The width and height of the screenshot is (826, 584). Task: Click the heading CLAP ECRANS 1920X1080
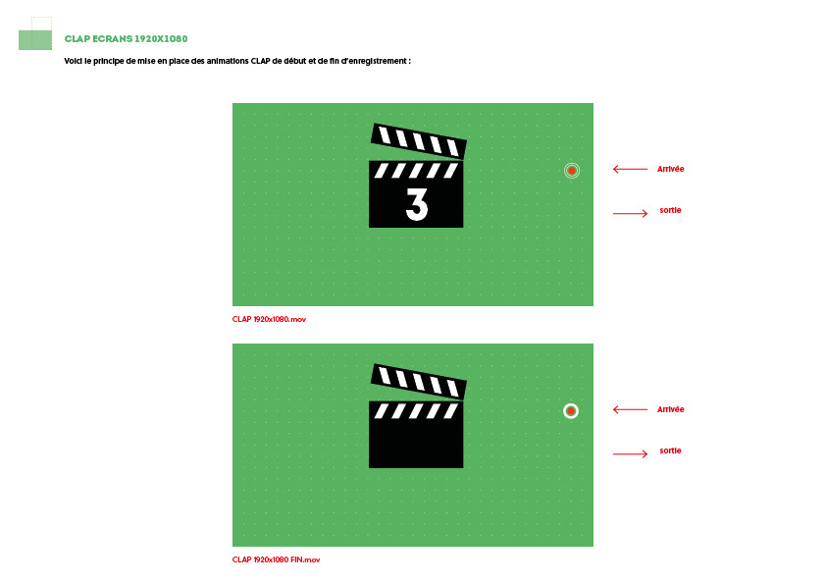[126, 38]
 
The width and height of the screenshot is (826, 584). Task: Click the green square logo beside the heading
[35, 40]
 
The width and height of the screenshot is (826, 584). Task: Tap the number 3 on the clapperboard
[417, 204]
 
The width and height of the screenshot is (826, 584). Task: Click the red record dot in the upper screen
[572, 170]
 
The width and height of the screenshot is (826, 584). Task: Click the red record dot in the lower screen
[571, 410]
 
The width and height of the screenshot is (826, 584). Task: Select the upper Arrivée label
[671, 169]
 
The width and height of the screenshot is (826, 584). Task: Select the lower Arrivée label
[671, 409]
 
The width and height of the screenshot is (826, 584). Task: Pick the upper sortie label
[671, 210]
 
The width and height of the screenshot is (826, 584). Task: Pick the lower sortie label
[671, 451]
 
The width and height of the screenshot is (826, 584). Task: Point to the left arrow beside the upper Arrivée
[630, 169]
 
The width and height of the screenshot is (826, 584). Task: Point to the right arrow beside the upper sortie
[630, 213]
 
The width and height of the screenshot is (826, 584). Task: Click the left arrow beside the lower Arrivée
[630, 409]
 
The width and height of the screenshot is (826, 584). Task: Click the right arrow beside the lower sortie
[630, 453]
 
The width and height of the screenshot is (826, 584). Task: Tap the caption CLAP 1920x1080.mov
[269, 319]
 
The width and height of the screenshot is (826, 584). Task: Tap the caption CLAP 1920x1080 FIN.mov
[276, 559]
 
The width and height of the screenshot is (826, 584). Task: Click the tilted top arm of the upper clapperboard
[419, 140]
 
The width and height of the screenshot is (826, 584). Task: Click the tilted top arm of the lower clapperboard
[419, 381]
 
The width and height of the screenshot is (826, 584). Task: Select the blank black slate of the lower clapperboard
[416, 444]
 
